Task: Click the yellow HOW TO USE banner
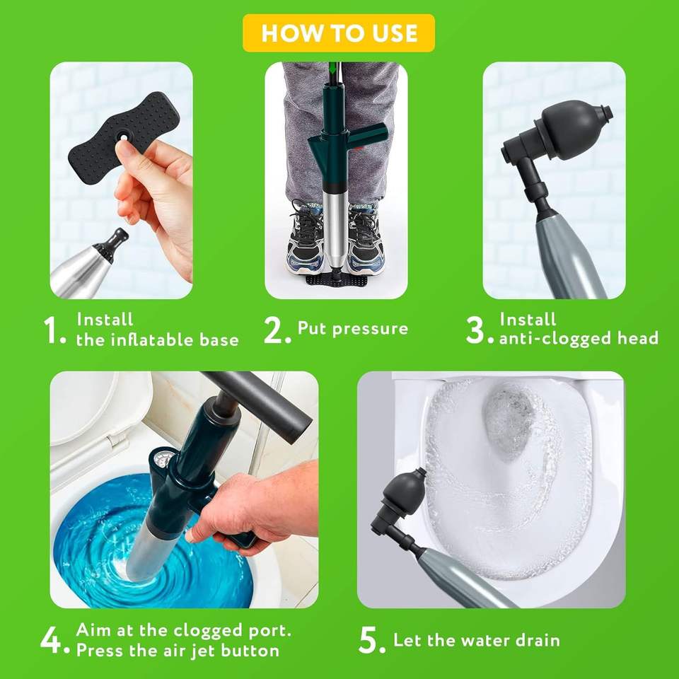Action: click(x=339, y=33)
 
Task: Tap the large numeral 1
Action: click(x=51, y=330)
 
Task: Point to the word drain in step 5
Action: click(x=538, y=640)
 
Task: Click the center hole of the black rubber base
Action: click(x=124, y=137)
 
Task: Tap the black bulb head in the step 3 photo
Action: click(x=571, y=126)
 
